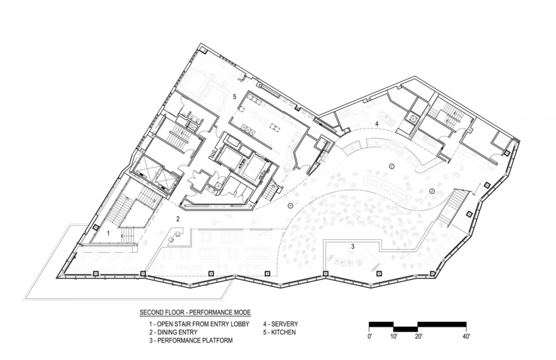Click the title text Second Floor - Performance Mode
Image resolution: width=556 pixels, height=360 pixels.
[x=195, y=313]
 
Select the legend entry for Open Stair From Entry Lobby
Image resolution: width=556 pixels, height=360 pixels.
[x=199, y=324]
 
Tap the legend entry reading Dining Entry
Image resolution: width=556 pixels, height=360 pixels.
[x=173, y=332]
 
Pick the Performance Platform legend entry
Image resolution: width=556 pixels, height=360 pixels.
[x=191, y=340]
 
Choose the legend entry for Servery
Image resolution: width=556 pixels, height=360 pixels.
[x=280, y=324]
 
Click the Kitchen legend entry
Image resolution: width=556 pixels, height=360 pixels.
[x=279, y=332]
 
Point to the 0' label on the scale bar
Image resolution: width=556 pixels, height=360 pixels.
[x=370, y=336]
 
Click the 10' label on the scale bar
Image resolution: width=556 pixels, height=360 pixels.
[x=393, y=336]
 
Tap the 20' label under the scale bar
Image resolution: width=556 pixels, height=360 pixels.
[x=418, y=336]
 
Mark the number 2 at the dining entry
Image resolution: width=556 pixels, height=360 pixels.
[x=178, y=219]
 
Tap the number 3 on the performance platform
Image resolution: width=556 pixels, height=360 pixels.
[x=353, y=246]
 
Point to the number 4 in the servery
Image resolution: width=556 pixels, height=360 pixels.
[x=377, y=124]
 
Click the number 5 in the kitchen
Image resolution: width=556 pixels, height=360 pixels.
[x=234, y=96]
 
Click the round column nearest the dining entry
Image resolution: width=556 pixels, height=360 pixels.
[x=290, y=205]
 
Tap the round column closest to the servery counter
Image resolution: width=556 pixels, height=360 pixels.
[x=392, y=166]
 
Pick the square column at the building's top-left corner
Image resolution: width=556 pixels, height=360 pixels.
[x=204, y=51]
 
